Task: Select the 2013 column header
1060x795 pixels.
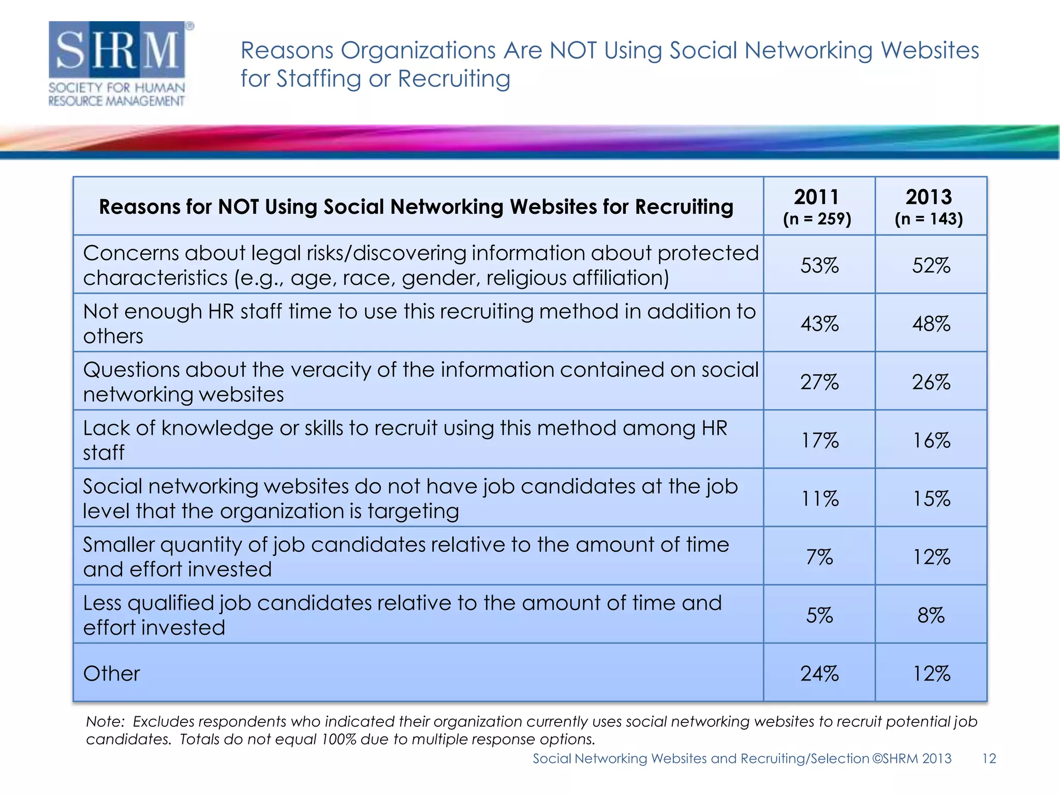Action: (929, 207)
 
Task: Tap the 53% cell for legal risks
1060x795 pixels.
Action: (819, 266)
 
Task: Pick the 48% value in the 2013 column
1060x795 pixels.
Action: (931, 324)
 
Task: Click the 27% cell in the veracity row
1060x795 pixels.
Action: (819, 382)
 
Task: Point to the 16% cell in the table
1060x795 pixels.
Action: (931, 440)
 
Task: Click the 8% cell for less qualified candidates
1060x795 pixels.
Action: (931, 615)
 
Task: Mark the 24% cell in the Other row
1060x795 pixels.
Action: (819, 673)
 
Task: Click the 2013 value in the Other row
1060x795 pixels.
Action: (931, 673)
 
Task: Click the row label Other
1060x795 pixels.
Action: (111, 673)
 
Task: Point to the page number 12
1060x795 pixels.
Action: (989, 758)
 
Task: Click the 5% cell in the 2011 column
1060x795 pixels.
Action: (819, 615)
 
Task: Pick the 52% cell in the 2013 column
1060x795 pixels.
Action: (931, 266)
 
